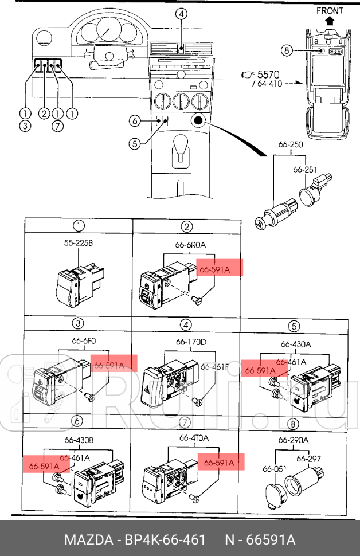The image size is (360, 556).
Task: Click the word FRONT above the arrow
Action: click(x=330, y=11)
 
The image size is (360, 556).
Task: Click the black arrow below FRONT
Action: click(x=330, y=21)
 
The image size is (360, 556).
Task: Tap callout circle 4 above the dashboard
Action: click(x=181, y=14)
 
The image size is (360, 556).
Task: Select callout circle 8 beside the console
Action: click(x=287, y=50)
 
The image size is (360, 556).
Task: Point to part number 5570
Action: click(x=268, y=75)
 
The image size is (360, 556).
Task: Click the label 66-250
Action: click(x=291, y=144)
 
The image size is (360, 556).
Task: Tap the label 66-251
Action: click(x=305, y=170)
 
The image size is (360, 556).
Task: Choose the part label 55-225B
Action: click(x=79, y=243)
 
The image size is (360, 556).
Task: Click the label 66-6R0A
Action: click(x=190, y=245)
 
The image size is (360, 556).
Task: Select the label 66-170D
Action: click(x=191, y=342)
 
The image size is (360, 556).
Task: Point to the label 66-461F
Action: click(x=214, y=367)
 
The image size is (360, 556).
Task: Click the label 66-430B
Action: click(x=79, y=440)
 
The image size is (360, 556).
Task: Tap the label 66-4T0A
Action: click(x=194, y=438)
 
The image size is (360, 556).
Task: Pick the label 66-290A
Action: click(x=294, y=440)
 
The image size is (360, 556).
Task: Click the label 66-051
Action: click(x=275, y=469)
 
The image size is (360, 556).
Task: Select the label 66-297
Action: click(x=308, y=459)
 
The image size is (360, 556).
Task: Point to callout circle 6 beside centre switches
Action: click(x=135, y=121)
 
